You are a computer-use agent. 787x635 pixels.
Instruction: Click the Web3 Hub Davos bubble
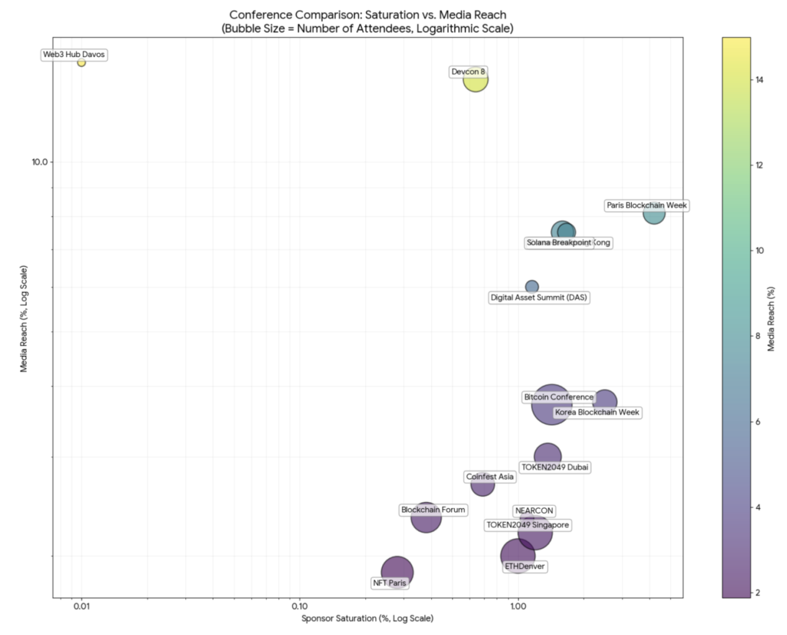[81, 62]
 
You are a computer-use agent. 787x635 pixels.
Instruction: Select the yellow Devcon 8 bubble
[476, 79]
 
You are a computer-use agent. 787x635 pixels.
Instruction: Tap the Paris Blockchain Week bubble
[654, 213]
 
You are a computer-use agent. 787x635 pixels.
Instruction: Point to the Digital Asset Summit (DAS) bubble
[532, 287]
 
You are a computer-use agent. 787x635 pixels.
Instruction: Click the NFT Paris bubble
[397, 572]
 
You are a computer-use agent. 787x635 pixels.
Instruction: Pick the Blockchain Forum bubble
[426, 518]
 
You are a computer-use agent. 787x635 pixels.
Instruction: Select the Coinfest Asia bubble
[483, 485]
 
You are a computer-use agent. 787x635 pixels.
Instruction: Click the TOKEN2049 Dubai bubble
[548, 457]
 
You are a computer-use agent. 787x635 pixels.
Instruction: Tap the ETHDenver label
[525, 567]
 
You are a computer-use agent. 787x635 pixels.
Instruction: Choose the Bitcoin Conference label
[559, 397]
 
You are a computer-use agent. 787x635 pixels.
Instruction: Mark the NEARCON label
[534, 510]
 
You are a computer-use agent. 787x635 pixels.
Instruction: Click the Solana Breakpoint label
[559, 243]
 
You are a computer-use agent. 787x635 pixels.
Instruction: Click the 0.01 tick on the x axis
[81, 605]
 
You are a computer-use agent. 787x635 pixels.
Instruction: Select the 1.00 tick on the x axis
[517, 605]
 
